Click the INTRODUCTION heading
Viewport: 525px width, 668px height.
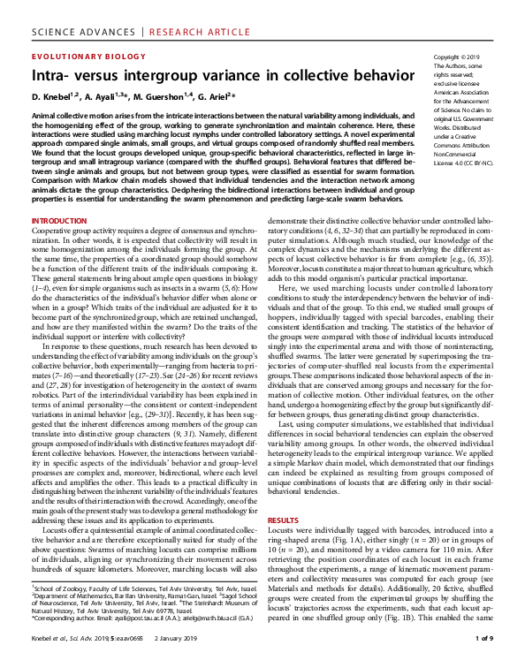point(59,220)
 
